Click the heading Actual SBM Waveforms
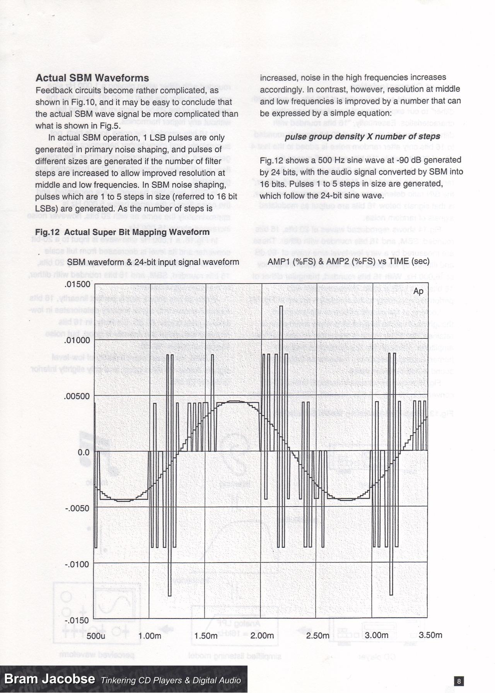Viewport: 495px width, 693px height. pos(92,78)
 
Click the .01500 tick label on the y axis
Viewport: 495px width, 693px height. pos(77,284)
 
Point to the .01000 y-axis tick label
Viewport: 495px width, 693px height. pos(77,341)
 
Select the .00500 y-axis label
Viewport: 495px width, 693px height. pos(77,397)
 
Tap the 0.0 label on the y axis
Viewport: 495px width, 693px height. pos(83,452)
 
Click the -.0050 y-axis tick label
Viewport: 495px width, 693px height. pos(77,508)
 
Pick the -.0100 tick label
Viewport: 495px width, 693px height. pos(77,564)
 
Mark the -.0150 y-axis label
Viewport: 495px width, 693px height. pos(77,620)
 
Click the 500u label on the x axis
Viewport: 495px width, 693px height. pos(96,636)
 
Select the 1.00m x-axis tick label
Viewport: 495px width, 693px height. pos(150,636)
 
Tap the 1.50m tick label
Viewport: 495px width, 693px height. pos(206,636)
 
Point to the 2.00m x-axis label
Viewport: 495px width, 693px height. pos(262,636)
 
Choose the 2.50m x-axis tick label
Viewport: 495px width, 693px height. pos(318,636)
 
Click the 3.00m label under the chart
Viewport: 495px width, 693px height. pos(376,635)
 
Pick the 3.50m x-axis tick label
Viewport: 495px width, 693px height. pos(430,635)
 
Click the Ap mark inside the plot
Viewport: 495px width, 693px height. pos(418,291)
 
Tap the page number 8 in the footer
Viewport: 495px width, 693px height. pos(459,681)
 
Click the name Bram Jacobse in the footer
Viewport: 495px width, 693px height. pos(49,679)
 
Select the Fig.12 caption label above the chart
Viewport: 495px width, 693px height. pos(122,232)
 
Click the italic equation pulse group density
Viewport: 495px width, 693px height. pos(362,137)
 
